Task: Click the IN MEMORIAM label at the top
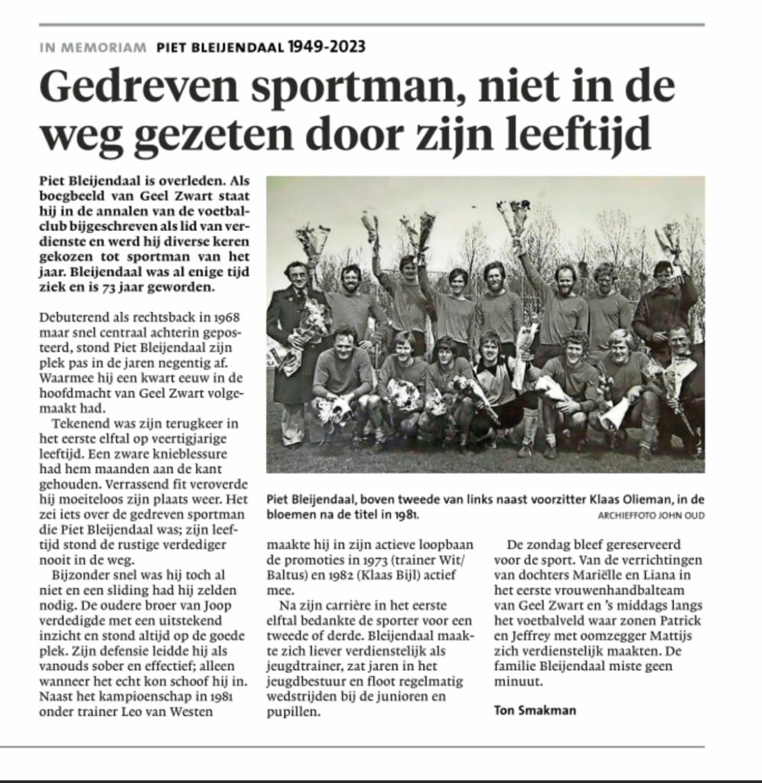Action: point(93,47)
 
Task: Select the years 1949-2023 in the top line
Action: point(327,47)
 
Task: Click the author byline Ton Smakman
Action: point(533,710)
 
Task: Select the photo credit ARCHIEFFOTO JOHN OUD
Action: point(650,516)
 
